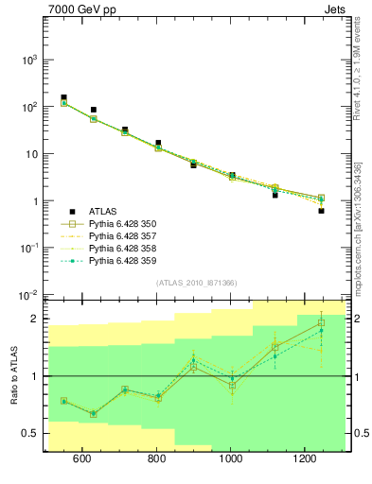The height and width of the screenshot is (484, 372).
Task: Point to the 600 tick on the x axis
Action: pos(81,459)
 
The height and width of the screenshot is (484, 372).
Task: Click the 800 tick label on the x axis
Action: pos(156,459)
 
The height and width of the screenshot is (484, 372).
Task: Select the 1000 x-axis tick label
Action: pos(230,459)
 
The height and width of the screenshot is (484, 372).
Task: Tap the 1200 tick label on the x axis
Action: pos(304,459)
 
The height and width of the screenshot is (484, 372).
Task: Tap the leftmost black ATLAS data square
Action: pos(63,97)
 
